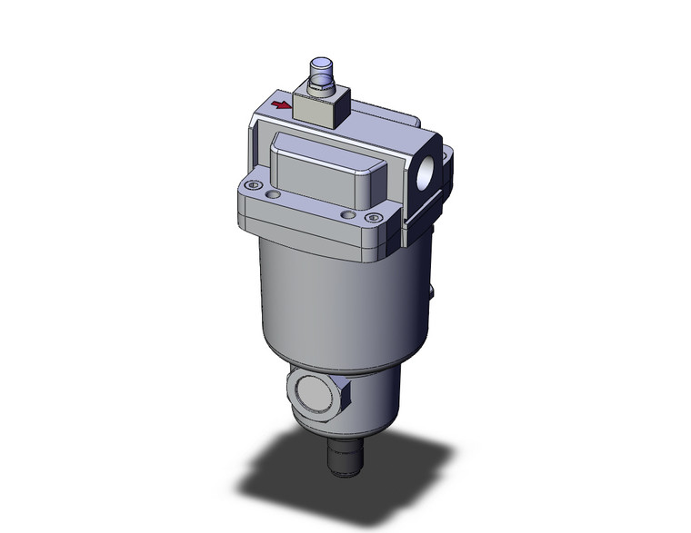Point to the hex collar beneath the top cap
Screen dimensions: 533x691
coord(323,89)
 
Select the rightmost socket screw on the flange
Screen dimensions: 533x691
coord(371,218)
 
